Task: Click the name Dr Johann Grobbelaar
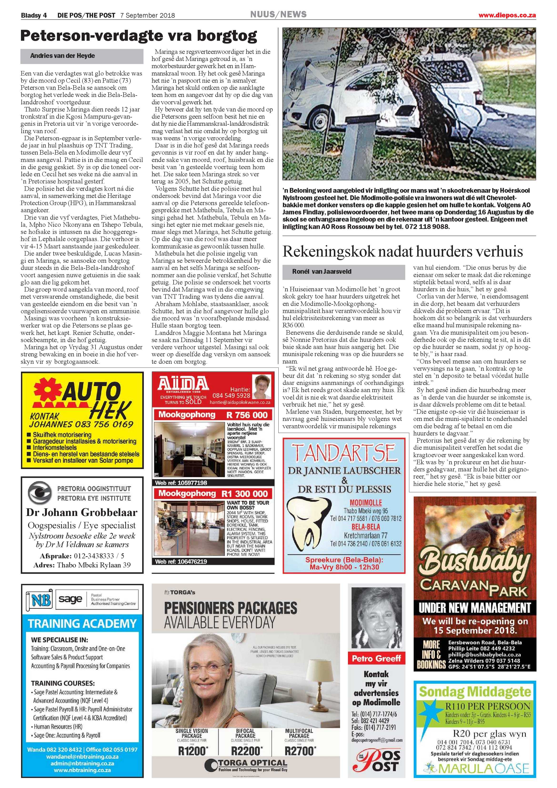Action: pyautogui.click(x=82, y=512)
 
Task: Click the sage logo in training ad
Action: pyautogui.click(x=70, y=599)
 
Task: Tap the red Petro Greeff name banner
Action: pyautogui.click(x=376, y=658)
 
